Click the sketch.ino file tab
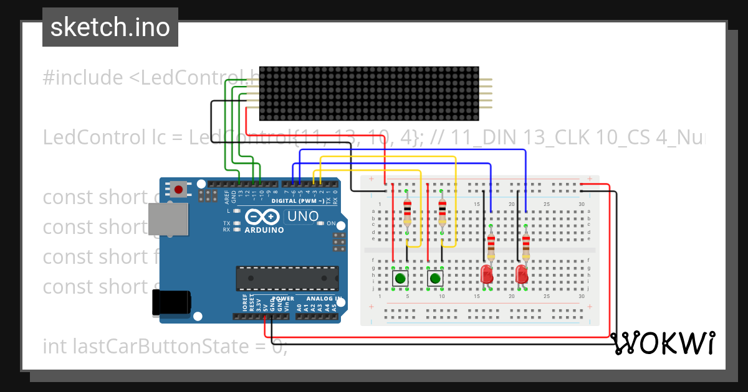click(110, 27)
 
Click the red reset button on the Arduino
click(179, 189)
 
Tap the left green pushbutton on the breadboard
click(400, 278)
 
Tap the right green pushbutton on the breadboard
click(435, 278)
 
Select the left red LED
click(487, 273)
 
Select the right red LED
click(522, 273)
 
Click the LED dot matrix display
click(369, 93)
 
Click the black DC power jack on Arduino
click(171, 303)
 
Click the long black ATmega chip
click(287, 278)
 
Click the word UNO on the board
click(302, 217)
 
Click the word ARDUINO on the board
click(264, 230)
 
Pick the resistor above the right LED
click(526, 246)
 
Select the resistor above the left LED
click(491, 246)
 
